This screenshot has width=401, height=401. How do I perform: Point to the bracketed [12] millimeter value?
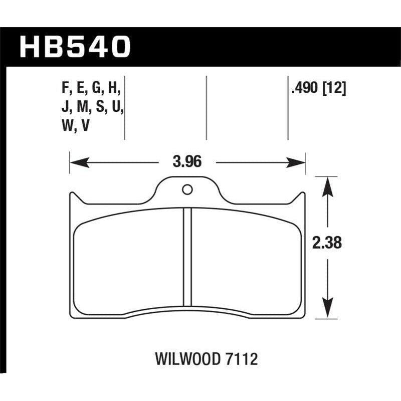coord(335,89)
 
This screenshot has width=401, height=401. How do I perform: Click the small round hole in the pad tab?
coord(187,189)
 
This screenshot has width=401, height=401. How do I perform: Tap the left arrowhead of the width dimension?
coord(76,162)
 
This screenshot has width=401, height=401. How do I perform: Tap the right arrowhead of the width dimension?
coord(299,162)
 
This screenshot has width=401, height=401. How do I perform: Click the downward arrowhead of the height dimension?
coord(326,308)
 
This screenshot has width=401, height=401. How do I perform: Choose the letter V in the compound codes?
coord(86,127)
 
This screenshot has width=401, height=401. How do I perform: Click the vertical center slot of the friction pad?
coord(187,256)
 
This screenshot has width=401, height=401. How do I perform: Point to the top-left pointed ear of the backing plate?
coord(70,196)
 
